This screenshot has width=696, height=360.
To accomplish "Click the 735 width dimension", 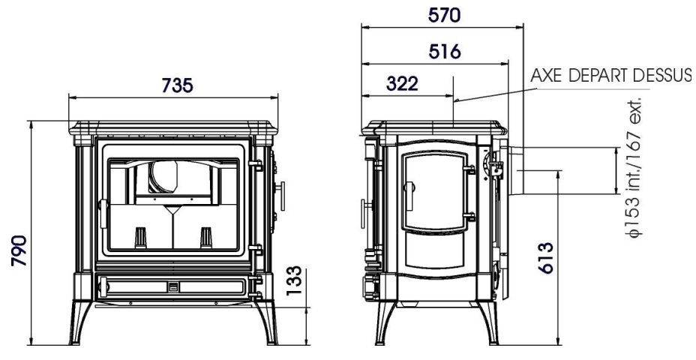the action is (x=177, y=85).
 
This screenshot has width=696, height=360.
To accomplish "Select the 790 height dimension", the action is (x=19, y=250).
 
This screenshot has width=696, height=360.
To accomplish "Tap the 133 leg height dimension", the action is (x=294, y=280).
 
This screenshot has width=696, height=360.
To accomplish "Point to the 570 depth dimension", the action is (x=444, y=16).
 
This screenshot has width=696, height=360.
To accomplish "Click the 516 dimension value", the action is (x=444, y=52).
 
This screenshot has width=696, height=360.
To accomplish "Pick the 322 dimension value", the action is (x=402, y=83).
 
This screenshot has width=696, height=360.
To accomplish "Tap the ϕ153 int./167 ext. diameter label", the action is (x=634, y=166).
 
